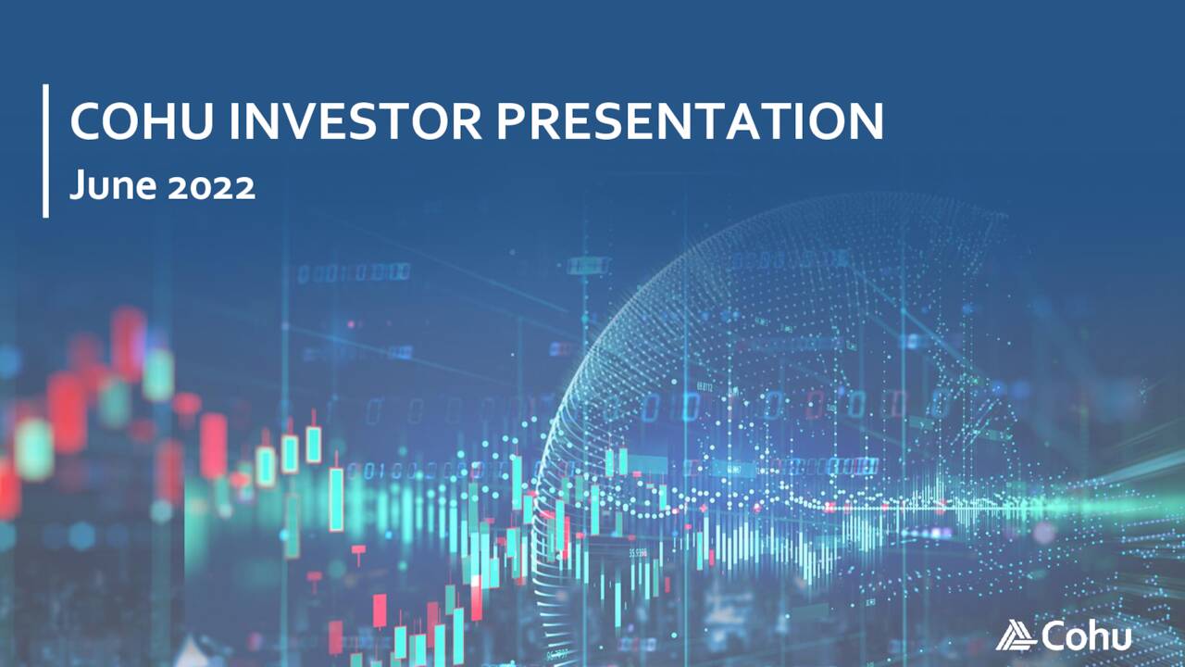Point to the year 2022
212,187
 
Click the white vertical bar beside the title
45,150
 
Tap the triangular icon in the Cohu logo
1017,636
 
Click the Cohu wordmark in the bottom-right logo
1086,636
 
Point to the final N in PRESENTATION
863,121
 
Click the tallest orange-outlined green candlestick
335,498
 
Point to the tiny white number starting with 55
639,553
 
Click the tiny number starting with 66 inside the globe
705,386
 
